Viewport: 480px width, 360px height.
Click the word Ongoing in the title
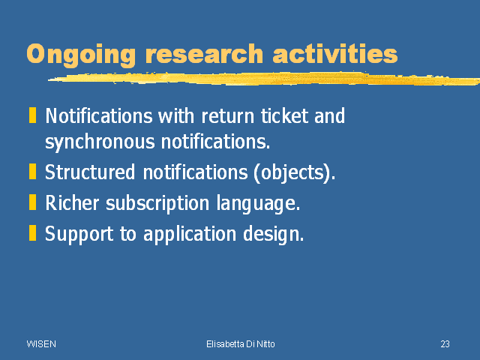(81, 55)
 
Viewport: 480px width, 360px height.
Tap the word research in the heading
(204, 54)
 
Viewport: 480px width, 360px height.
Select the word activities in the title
(335, 53)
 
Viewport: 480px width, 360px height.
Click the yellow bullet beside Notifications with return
(32, 115)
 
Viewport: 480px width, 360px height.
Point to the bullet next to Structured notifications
(32, 171)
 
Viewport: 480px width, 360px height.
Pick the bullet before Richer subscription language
(32, 202)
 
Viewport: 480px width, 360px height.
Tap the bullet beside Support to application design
(32, 233)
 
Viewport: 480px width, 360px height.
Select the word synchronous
(100, 142)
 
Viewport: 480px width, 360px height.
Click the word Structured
(90, 172)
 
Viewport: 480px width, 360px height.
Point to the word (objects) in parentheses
(295, 173)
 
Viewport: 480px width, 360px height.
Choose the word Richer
(72, 202)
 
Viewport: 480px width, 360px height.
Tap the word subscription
(157, 203)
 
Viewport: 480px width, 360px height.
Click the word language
(258, 204)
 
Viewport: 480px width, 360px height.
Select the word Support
(79, 235)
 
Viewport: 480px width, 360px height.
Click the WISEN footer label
(41, 344)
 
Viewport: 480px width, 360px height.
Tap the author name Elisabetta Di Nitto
(241, 344)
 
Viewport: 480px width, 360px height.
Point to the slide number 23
(445, 344)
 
